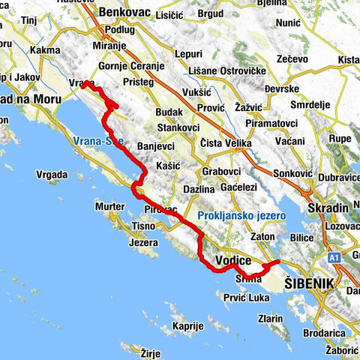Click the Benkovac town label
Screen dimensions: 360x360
[123, 14]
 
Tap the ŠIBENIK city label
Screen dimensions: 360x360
[308, 285]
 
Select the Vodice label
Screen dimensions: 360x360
[232, 259]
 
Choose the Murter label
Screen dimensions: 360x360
[110, 205]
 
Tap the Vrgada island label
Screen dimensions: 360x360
[52, 174]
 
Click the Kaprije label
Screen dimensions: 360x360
[187, 326]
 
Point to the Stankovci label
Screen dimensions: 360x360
[179, 128]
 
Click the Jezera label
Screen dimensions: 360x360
[143, 242]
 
